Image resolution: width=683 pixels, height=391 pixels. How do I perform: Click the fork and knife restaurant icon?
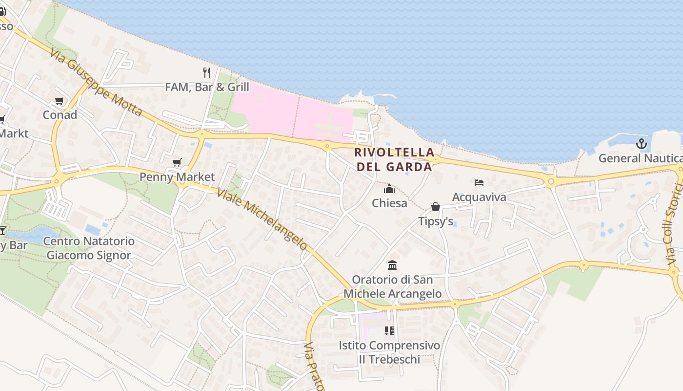pyautogui.click(x=207, y=73)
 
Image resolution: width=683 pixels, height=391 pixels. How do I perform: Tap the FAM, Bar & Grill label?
pyautogui.click(x=207, y=87)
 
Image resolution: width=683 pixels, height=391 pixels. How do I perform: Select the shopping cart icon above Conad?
pyautogui.click(x=60, y=101)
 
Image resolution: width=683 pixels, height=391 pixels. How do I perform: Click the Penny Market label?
pyautogui.click(x=177, y=176)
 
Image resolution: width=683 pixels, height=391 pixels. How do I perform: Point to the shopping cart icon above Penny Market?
pyautogui.click(x=177, y=163)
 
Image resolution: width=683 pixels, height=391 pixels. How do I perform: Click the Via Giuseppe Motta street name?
pyautogui.click(x=96, y=82)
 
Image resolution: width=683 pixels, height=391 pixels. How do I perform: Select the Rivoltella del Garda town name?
pyautogui.click(x=394, y=159)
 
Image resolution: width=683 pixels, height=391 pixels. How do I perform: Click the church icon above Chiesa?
pyautogui.click(x=389, y=189)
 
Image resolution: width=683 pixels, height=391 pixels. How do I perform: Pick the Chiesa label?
pyautogui.click(x=389, y=203)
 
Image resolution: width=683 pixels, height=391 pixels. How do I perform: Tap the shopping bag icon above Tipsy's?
pyautogui.click(x=436, y=207)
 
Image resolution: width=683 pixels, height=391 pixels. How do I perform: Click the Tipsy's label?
pyautogui.click(x=436, y=221)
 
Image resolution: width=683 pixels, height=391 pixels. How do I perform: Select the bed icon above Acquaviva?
pyautogui.click(x=479, y=183)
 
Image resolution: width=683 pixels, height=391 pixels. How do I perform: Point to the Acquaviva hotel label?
pyautogui.click(x=479, y=197)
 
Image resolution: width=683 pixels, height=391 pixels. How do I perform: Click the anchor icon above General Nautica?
pyautogui.click(x=642, y=144)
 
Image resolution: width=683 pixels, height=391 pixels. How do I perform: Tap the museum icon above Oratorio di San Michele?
pyautogui.click(x=392, y=265)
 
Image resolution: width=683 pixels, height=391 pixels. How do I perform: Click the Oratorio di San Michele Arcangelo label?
pyautogui.click(x=392, y=287)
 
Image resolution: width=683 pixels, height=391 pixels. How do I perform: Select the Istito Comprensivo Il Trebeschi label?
pyautogui.click(x=389, y=352)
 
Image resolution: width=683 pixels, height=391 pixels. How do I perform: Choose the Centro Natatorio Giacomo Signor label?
pyautogui.click(x=89, y=248)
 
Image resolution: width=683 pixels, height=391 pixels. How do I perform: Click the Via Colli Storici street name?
pyautogui.click(x=675, y=224)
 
